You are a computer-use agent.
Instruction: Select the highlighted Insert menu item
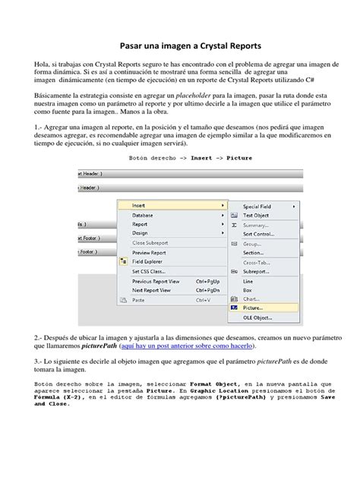(x=140, y=205)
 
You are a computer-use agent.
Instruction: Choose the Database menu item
(x=143, y=215)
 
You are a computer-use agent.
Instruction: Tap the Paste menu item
(x=138, y=300)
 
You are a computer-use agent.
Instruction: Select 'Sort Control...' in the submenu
(x=259, y=234)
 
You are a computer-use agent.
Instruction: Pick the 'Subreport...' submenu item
(x=257, y=271)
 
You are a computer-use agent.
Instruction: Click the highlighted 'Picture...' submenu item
(x=254, y=308)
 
